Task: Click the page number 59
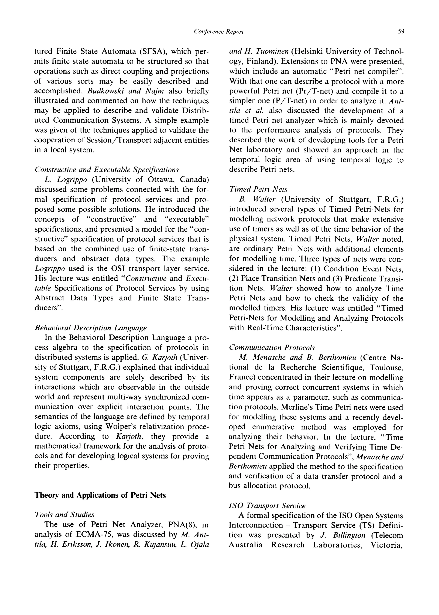click(401, 32)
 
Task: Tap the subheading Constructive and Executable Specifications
click(107, 170)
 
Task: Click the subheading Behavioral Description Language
click(90, 328)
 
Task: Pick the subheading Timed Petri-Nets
click(258, 189)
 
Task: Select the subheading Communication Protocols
click(272, 348)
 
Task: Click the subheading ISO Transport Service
click(267, 506)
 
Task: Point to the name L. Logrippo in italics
click(66, 179)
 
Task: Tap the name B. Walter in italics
click(257, 199)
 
